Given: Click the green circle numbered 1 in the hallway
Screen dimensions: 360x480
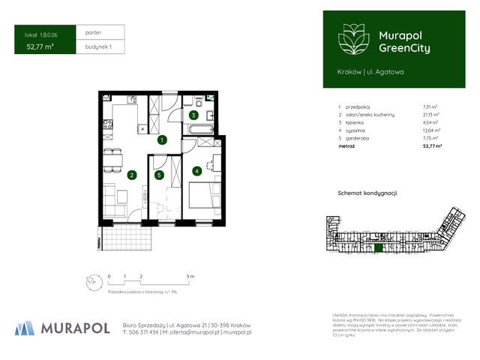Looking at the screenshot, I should (160, 139).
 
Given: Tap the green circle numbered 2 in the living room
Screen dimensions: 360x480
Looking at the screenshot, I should (131, 175).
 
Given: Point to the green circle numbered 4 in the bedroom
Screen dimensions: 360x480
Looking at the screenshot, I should (196, 171).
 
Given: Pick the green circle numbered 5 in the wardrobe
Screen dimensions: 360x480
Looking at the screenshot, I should (159, 175).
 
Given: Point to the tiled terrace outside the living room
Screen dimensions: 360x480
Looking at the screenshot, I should (129, 238).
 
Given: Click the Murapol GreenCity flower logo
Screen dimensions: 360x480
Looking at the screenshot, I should (352, 37).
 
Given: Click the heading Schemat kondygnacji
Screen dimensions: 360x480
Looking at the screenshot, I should (367, 193).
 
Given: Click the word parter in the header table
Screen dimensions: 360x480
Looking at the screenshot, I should (94, 32).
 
